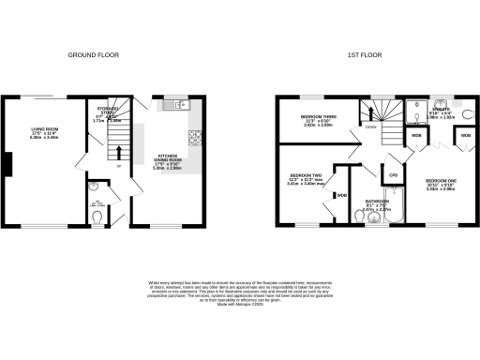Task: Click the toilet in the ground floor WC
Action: (x=100, y=218)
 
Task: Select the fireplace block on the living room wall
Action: (x=7, y=165)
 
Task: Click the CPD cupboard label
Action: (x=395, y=174)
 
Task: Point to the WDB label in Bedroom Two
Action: (x=343, y=194)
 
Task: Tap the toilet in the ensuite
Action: (x=468, y=115)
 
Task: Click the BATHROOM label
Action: (x=378, y=202)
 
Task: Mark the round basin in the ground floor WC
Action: (x=91, y=197)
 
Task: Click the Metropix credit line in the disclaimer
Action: (x=240, y=305)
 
